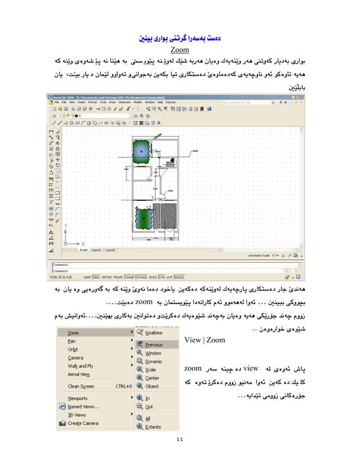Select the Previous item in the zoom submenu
coord(153,345)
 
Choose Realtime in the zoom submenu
coord(153,333)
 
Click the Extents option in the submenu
coord(153,427)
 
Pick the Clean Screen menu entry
coord(81,386)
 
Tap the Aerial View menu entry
coord(78,374)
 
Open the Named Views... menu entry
coord(85,406)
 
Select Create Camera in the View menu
coord(83,423)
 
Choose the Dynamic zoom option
coord(153,361)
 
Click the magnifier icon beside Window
coord(140,353)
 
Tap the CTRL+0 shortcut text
coord(123,386)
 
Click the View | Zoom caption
coord(205,340)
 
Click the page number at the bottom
coord(179,440)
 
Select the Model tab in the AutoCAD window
coord(83,249)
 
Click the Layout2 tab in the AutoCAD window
coord(110,249)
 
